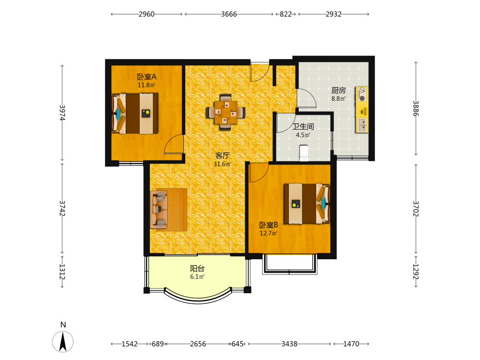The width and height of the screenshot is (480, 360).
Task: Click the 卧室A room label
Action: (146, 76)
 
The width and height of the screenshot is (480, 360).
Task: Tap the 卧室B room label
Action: (268, 225)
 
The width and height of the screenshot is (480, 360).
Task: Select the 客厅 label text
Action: (223, 156)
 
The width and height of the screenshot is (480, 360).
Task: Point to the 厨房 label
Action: (338, 90)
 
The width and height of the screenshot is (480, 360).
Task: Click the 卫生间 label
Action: (303, 126)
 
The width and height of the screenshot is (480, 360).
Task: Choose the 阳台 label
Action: (197, 268)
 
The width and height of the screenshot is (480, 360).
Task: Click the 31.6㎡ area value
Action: (222, 164)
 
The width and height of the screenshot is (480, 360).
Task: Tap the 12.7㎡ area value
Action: (268, 233)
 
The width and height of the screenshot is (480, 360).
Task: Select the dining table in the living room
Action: (226, 112)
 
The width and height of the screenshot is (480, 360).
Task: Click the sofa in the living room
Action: (159, 210)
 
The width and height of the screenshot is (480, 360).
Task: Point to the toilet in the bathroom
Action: (303, 153)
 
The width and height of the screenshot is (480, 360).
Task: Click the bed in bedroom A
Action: (135, 114)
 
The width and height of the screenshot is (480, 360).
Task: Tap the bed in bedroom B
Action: (307, 204)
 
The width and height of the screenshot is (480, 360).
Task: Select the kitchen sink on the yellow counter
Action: (362, 125)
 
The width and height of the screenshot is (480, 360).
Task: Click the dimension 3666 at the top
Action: (229, 14)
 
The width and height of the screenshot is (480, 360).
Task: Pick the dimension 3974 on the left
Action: (62, 113)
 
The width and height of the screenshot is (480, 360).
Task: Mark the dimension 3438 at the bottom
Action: (289, 344)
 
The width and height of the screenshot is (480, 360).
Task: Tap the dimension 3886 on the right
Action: (415, 108)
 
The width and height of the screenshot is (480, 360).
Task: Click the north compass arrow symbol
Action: (63, 342)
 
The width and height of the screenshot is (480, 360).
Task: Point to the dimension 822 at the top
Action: (286, 14)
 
